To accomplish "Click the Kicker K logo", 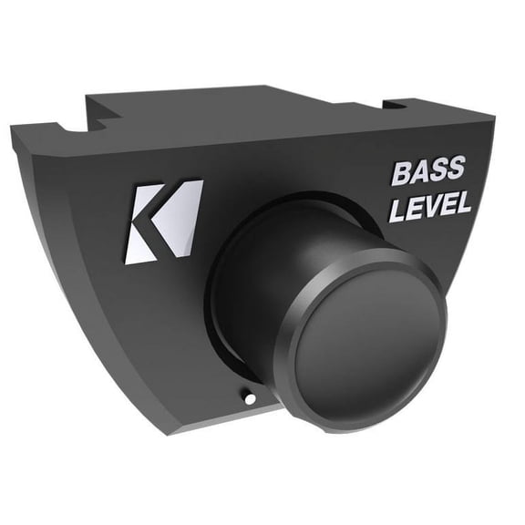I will [162, 221].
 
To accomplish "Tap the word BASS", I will [428, 171].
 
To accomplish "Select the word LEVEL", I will [430, 205].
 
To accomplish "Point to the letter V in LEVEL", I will [431, 205].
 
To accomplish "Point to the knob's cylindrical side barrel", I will [273, 264].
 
